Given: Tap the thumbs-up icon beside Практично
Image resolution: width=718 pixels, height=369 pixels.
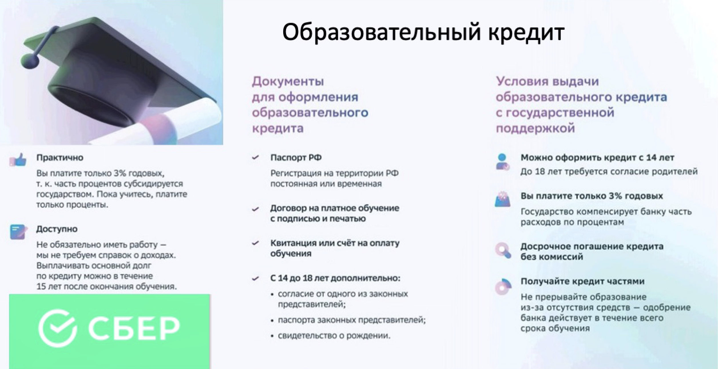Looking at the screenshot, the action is [18, 160].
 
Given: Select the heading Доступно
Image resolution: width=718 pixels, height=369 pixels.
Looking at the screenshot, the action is [57, 229].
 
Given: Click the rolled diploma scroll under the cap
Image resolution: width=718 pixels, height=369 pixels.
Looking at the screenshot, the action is [160, 123].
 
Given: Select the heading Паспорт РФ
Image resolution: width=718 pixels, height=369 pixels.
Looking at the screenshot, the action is [296, 158].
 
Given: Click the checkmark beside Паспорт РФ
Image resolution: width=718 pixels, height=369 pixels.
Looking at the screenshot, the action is [255, 158].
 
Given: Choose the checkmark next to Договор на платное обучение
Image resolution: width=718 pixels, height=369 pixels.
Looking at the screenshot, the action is [255, 209].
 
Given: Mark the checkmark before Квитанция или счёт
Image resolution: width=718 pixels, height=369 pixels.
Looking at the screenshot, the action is [255, 243].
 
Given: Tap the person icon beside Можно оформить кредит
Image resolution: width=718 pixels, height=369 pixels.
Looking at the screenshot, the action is [503, 162].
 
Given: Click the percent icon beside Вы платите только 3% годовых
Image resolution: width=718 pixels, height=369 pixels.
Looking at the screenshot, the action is [503, 199].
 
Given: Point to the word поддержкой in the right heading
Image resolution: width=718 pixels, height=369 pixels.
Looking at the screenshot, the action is [535, 128].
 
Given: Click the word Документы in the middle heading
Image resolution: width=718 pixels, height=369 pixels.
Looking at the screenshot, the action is [288, 82].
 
